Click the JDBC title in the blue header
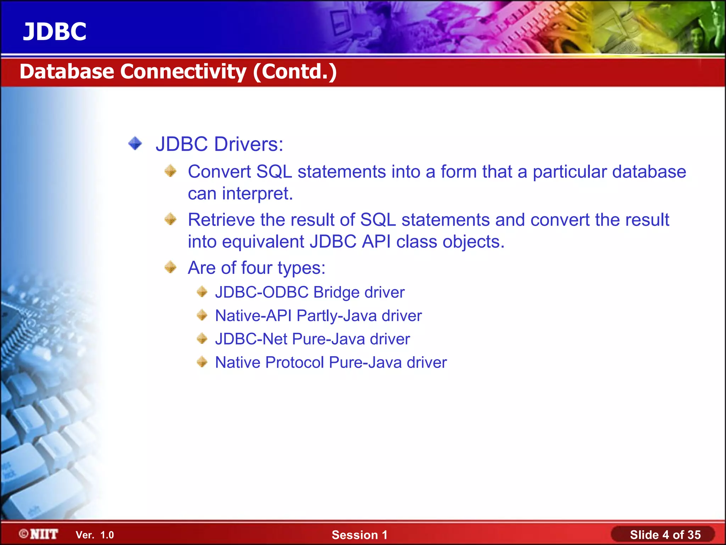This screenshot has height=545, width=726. pyautogui.click(x=55, y=32)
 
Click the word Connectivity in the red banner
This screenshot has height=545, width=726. pyautogui.click(x=183, y=72)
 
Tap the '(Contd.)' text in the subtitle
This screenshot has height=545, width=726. pyautogui.click(x=295, y=72)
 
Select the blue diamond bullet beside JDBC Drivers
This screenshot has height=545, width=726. pyautogui.click(x=135, y=144)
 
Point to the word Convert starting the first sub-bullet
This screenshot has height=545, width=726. pyautogui.click(x=219, y=172)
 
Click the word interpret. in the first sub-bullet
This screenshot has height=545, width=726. pyautogui.click(x=257, y=194)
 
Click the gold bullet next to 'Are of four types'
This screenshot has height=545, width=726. pyautogui.click(x=171, y=267)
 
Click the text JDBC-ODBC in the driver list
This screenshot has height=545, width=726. pyautogui.click(x=262, y=292)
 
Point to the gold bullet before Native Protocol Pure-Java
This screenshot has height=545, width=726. pyautogui.click(x=202, y=362)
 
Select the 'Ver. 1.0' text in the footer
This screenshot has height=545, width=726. pyautogui.click(x=95, y=535)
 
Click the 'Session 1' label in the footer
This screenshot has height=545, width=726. pyautogui.click(x=359, y=535)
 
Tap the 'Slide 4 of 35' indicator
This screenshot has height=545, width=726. pyautogui.click(x=665, y=535)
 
